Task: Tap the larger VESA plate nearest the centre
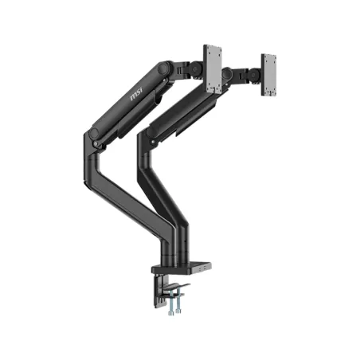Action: [x=213, y=68]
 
